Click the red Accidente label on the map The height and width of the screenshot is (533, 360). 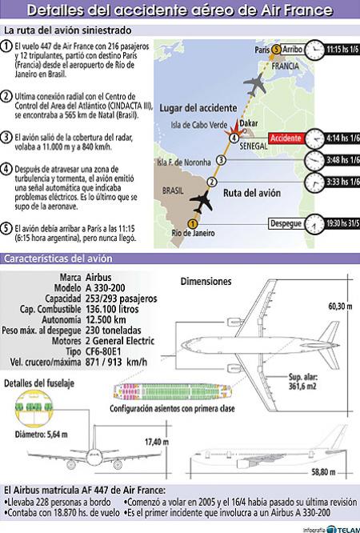click(286, 138)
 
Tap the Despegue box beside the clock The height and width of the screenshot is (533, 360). click(286, 223)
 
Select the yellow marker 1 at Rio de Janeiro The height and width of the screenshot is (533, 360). click(193, 223)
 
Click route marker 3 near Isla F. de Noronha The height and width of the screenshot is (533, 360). click(221, 160)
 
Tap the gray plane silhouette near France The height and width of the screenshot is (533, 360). click(255, 83)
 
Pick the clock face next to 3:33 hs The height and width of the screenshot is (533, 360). click(314, 182)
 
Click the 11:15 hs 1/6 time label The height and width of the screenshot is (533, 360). click(342, 50)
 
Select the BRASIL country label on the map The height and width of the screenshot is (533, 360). click(173, 190)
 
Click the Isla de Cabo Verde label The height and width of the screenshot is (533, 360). click(199, 125)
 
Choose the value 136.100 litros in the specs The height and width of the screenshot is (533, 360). click(112, 309)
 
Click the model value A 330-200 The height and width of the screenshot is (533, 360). click(105, 288)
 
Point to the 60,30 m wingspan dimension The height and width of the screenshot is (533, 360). click(340, 306)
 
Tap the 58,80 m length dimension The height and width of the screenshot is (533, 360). click(323, 472)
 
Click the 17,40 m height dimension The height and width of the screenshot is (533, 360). click(157, 442)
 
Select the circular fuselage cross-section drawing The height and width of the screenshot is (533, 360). click(34, 409)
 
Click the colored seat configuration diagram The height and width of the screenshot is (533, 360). click(172, 391)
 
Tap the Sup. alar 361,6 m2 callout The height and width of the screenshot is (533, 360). click(302, 381)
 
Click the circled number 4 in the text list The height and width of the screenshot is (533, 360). click(6, 169)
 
